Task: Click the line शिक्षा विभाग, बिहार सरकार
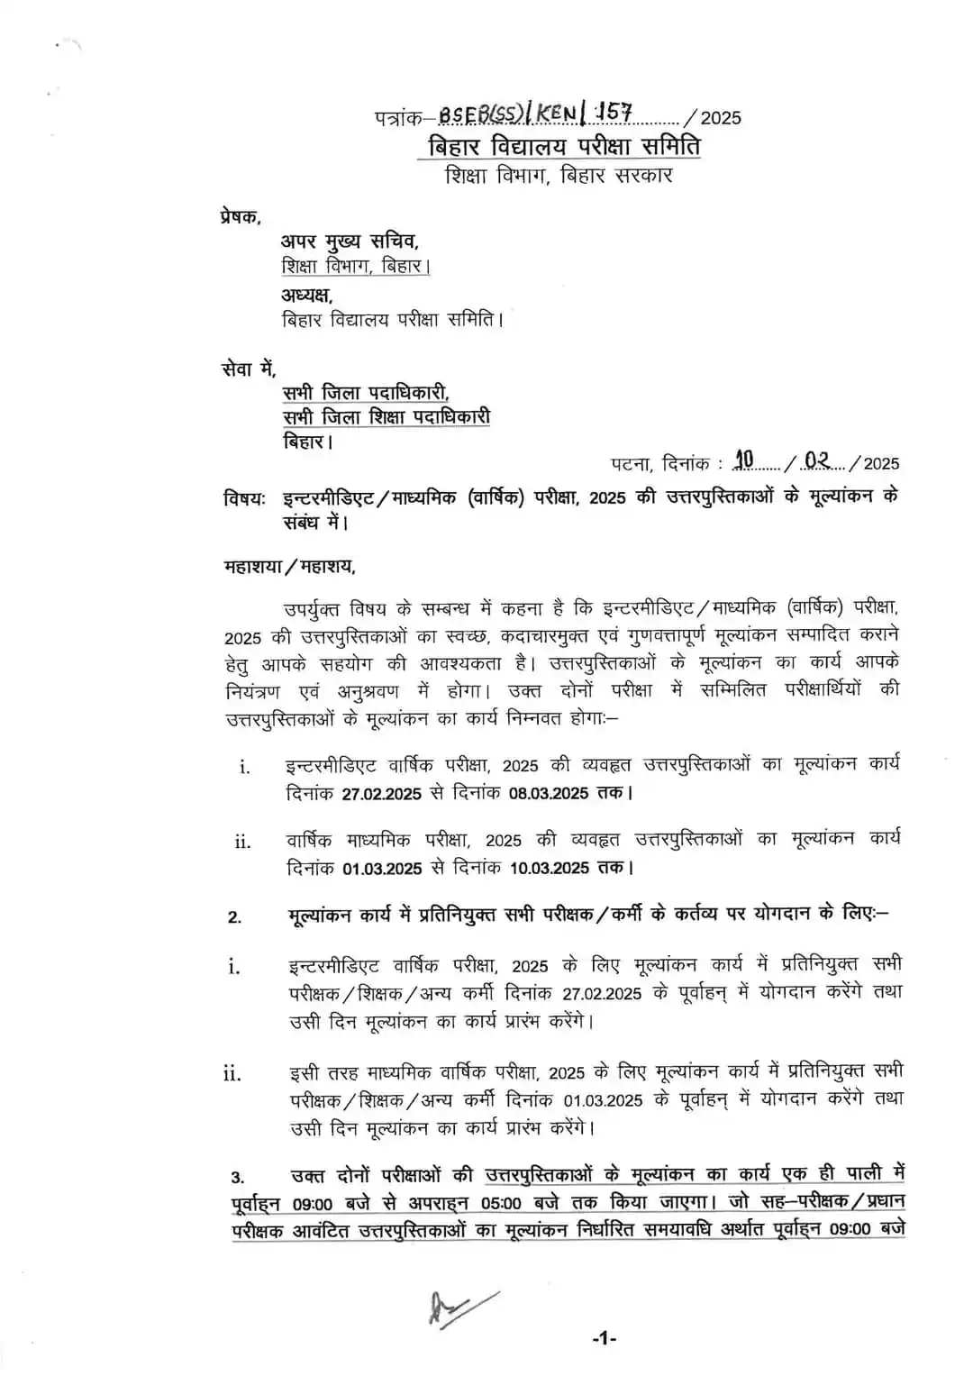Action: click(x=559, y=175)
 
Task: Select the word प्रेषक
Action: click(x=241, y=216)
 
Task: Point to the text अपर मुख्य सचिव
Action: click(x=350, y=241)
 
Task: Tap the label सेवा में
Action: click(x=249, y=369)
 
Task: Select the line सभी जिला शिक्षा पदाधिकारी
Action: click(x=386, y=417)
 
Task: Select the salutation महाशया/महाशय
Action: click(x=289, y=567)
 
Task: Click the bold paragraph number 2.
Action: click(x=234, y=917)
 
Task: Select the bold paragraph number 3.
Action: click(x=237, y=1178)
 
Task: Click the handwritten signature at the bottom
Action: click(x=460, y=1306)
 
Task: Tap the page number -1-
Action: click(x=604, y=1339)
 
